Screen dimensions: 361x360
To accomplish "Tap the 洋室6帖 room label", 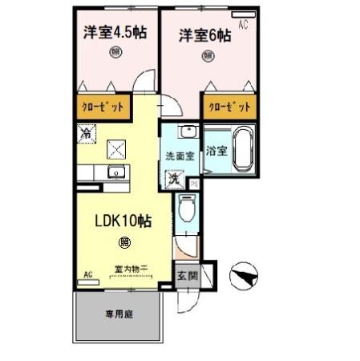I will pyautogui.click(x=204, y=36).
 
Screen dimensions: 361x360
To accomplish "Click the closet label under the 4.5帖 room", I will pyautogui.click(x=103, y=106).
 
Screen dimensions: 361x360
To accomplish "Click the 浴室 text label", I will pyautogui.click(x=214, y=150).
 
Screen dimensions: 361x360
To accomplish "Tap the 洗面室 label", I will pyautogui.click(x=180, y=156).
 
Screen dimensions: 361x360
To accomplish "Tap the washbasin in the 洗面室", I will pyautogui.click(x=188, y=132).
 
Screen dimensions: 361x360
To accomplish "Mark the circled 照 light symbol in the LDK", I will pyautogui.click(x=124, y=241).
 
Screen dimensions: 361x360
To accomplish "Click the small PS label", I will pyautogui.click(x=195, y=183).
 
